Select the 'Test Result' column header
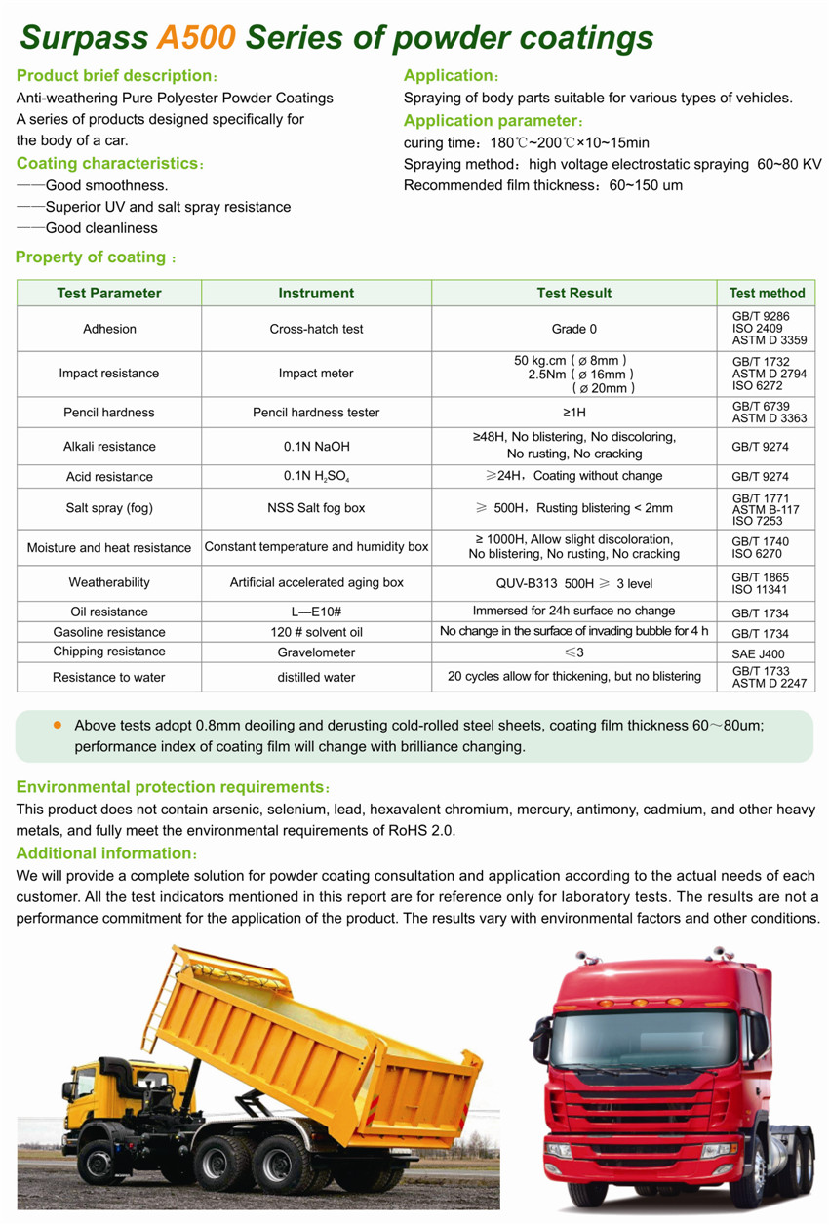[573, 293]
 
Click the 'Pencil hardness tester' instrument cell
[316, 413]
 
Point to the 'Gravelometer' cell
[316, 652]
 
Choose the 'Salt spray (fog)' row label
[109, 508]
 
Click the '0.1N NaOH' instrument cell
[316, 447]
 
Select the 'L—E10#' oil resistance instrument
[316, 612]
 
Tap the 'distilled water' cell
[316, 677]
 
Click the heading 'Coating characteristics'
[107, 164]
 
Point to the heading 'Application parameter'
[491, 121]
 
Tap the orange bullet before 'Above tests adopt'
[57, 725]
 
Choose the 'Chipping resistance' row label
[109, 652]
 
